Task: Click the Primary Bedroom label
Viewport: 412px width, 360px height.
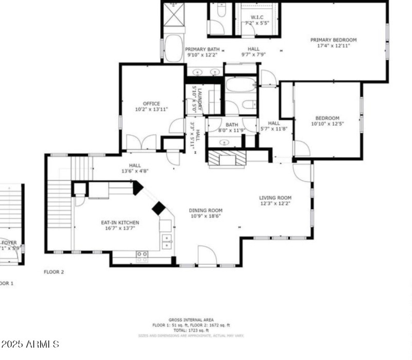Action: coord(333,40)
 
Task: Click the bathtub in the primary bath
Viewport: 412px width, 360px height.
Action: coord(173,48)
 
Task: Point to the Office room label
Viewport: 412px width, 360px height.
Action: coord(151,104)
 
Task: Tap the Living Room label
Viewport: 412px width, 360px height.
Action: coord(275,198)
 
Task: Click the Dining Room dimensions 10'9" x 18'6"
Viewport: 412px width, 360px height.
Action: coord(205,217)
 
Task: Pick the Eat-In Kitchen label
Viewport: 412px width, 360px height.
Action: coord(119,222)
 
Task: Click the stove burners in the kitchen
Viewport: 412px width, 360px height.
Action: coord(142,254)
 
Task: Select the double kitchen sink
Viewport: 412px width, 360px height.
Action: coord(166,239)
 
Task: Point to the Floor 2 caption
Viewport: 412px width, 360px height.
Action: coord(53,271)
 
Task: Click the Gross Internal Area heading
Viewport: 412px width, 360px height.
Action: coord(191,320)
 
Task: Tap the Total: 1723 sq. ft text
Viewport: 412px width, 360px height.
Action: coord(191,330)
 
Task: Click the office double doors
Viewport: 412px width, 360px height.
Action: coord(141,143)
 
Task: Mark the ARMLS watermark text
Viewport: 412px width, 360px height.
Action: coord(31,344)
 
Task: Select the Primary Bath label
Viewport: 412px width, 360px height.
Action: coord(202,49)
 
